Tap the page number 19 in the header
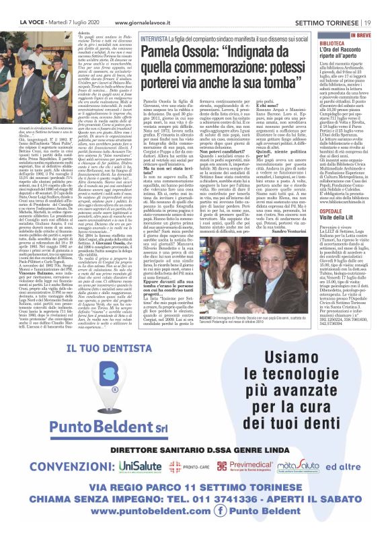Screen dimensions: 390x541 point(381,5)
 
